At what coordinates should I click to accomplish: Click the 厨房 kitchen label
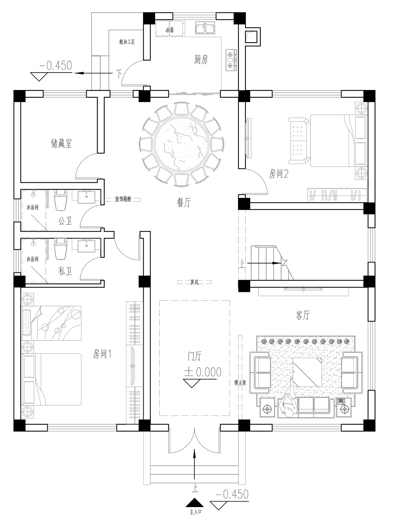(x=201, y=60)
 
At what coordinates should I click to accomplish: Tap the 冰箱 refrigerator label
(x=170, y=30)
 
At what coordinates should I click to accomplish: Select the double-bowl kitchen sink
(x=205, y=28)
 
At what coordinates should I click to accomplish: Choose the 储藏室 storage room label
(x=61, y=143)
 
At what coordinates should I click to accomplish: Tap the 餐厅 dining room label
(x=184, y=203)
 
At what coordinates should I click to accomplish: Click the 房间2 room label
(x=279, y=174)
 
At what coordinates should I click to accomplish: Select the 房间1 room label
(x=102, y=354)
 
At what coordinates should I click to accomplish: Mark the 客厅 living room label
(x=303, y=315)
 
